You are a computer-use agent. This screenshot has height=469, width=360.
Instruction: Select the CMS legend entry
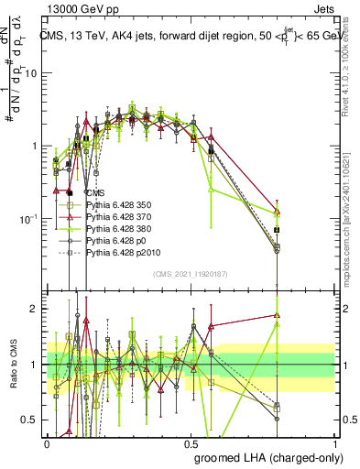[x=96, y=193]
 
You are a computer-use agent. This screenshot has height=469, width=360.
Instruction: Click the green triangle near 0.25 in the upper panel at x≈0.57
[x=212, y=190]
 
